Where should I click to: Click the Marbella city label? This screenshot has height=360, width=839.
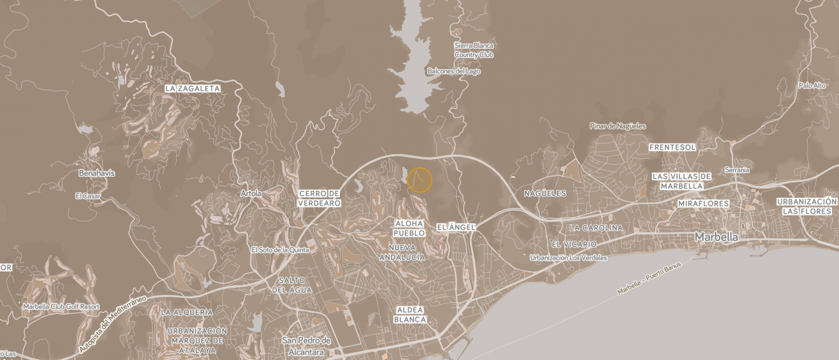(716, 237)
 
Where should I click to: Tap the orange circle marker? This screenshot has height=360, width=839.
(419, 180)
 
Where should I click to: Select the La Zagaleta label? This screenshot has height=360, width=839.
(192, 88)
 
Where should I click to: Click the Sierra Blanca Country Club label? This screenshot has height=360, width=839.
(474, 50)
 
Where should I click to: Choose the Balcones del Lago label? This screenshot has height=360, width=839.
(453, 71)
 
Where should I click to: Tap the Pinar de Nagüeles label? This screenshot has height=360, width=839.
(617, 126)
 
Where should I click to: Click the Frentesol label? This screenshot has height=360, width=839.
(672, 147)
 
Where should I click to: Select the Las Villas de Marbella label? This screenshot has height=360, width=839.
(681, 181)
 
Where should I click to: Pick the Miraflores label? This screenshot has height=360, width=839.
(703, 204)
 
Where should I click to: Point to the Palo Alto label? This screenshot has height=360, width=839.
(811, 85)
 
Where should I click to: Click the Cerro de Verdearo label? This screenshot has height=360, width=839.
(319, 198)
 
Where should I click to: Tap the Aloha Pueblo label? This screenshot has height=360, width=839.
(409, 228)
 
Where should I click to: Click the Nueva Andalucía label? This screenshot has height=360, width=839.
(402, 252)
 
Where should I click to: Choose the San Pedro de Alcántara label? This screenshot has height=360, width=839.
(306, 346)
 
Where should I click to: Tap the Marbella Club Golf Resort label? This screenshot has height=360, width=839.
(61, 307)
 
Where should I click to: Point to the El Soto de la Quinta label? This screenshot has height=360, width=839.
(280, 250)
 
